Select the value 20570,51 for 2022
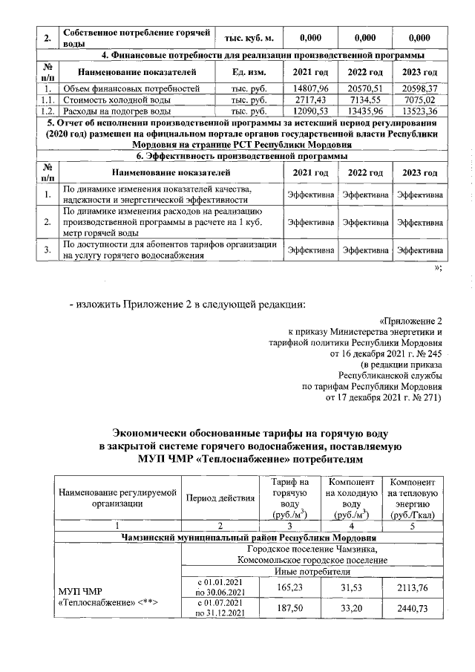364,88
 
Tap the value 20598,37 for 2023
420,88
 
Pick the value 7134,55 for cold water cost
364,100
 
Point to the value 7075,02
420,100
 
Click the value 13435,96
364,111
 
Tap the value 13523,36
420,111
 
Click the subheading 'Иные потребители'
312,571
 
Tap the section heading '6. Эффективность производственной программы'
240,157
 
